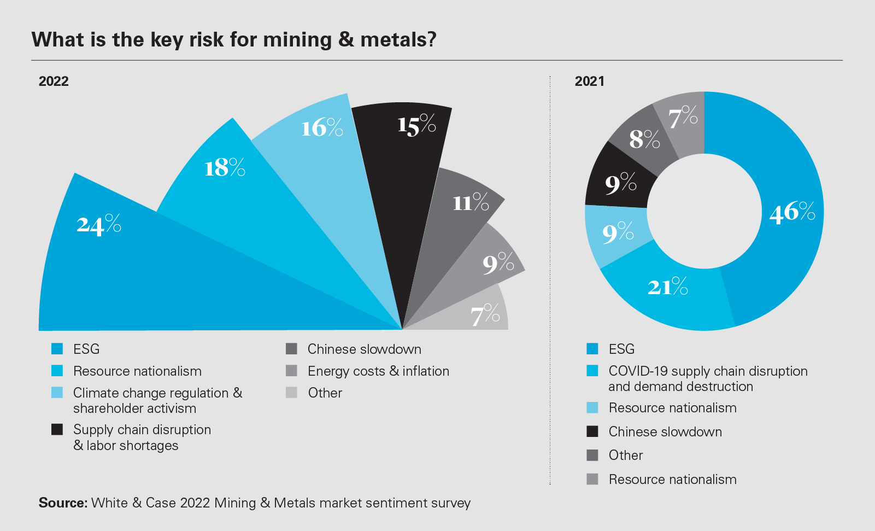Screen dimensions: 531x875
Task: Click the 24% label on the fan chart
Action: click(x=99, y=225)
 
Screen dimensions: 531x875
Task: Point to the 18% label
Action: click(x=225, y=167)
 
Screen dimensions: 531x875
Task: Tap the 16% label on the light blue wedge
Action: click(x=322, y=128)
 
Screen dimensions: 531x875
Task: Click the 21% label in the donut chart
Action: click(x=667, y=287)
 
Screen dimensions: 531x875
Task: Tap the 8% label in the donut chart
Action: click(x=644, y=139)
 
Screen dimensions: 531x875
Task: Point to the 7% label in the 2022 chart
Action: click(x=485, y=314)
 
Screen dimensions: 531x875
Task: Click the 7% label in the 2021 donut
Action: click(x=683, y=117)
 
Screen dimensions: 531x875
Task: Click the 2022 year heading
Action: click(x=54, y=81)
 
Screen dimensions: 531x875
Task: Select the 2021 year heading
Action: click(x=589, y=81)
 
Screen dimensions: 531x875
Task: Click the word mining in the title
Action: click(x=297, y=40)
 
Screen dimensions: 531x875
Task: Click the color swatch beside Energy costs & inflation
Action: click(x=291, y=371)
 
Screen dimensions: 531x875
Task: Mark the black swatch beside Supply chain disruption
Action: click(x=57, y=429)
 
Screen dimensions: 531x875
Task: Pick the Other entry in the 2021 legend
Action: click(x=626, y=456)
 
